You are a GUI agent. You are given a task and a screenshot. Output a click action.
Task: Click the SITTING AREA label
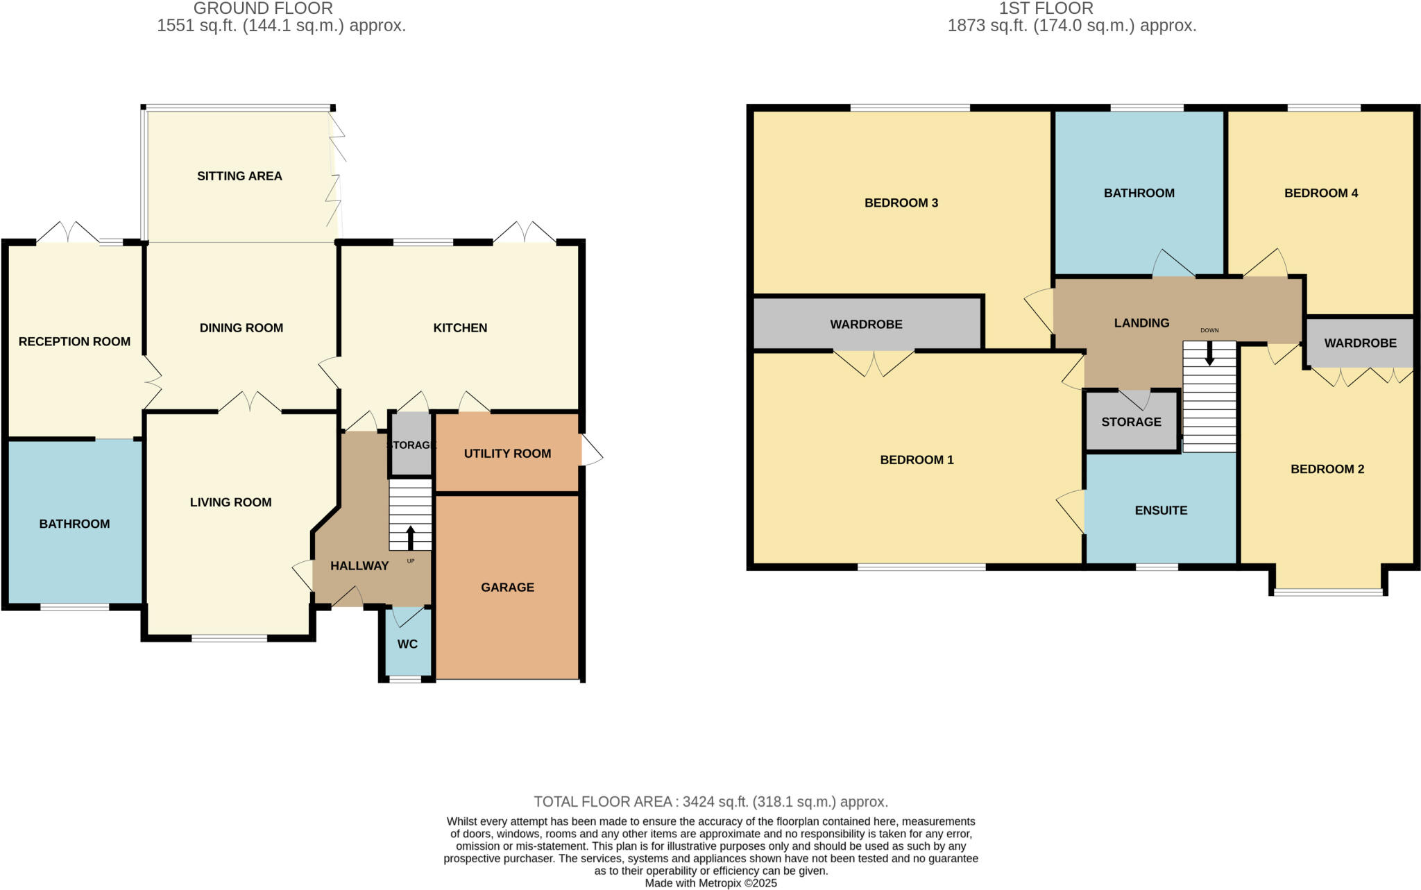click(x=239, y=176)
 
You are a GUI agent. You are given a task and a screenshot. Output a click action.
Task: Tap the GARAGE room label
click(x=507, y=588)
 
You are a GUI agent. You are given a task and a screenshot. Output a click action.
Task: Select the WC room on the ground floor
click(x=407, y=644)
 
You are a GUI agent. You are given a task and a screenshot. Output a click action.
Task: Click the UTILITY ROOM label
click(x=507, y=454)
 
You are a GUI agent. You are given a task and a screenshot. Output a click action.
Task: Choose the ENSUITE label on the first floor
click(x=1161, y=511)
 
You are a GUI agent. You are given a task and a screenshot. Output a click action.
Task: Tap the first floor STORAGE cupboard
click(x=1131, y=422)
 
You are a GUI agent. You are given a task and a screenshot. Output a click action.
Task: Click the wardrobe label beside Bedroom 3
click(x=866, y=324)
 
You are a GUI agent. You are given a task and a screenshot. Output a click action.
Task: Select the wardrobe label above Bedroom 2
click(x=1360, y=343)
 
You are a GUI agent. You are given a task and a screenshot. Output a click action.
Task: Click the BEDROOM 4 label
click(x=1320, y=193)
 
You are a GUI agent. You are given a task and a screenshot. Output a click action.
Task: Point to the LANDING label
click(x=1141, y=323)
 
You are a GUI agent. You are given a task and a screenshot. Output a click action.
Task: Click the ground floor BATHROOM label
click(x=74, y=524)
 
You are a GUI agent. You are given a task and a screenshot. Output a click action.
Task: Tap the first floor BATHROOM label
click(x=1139, y=193)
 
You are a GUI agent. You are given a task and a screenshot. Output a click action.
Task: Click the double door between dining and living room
click(x=250, y=403)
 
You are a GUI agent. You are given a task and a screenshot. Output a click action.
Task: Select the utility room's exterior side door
click(x=590, y=451)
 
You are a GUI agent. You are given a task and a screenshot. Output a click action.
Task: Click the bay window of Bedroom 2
click(x=1328, y=592)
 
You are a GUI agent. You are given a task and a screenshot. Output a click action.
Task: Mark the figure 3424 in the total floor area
click(x=701, y=802)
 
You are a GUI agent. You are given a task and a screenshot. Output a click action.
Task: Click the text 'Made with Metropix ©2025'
click(x=710, y=883)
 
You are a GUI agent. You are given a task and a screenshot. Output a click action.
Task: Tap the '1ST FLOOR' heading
click(x=1046, y=8)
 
